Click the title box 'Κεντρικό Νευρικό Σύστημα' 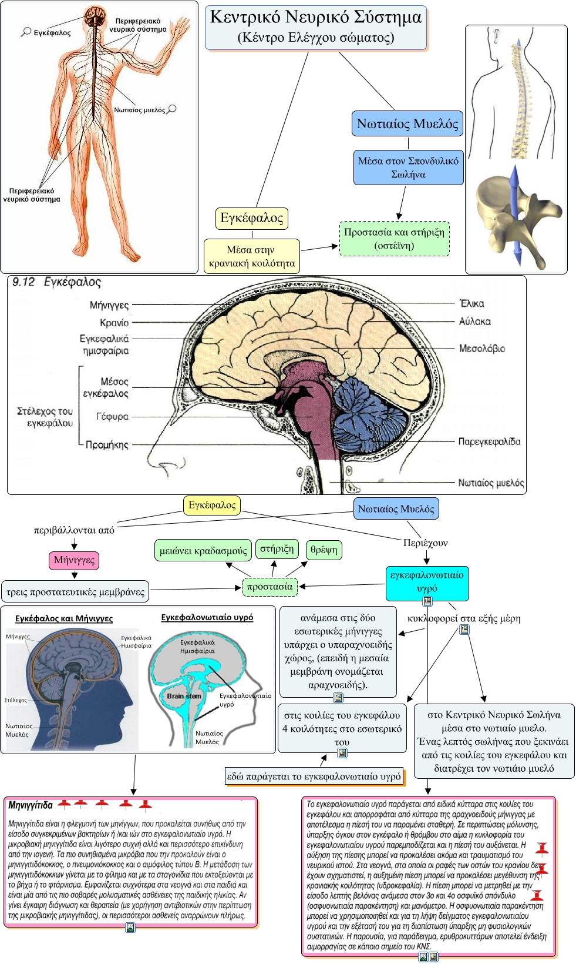click(x=316, y=28)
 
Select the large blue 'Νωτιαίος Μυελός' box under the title click(x=407, y=124)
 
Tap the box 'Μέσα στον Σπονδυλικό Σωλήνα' click(x=408, y=168)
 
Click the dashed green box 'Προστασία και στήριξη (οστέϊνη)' click(x=395, y=239)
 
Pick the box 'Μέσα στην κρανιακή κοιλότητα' click(x=252, y=256)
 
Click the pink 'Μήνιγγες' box click(x=74, y=560)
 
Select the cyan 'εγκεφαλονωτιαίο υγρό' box click(x=427, y=583)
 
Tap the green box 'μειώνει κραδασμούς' click(x=203, y=550)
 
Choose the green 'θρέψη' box click(x=324, y=550)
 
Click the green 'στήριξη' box click(x=277, y=548)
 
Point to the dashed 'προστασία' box click(x=270, y=587)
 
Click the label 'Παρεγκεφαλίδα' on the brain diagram click(x=489, y=441)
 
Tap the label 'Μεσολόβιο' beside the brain click(x=482, y=348)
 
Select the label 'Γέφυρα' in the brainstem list click(x=112, y=417)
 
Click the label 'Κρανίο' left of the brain click(x=114, y=323)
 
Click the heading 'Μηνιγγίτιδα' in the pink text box click(x=31, y=805)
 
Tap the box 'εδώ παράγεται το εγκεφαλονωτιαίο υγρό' click(x=314, y=776)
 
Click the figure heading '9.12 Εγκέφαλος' click(x=57, y=282)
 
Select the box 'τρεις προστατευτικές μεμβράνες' click(x=75, y=592)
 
